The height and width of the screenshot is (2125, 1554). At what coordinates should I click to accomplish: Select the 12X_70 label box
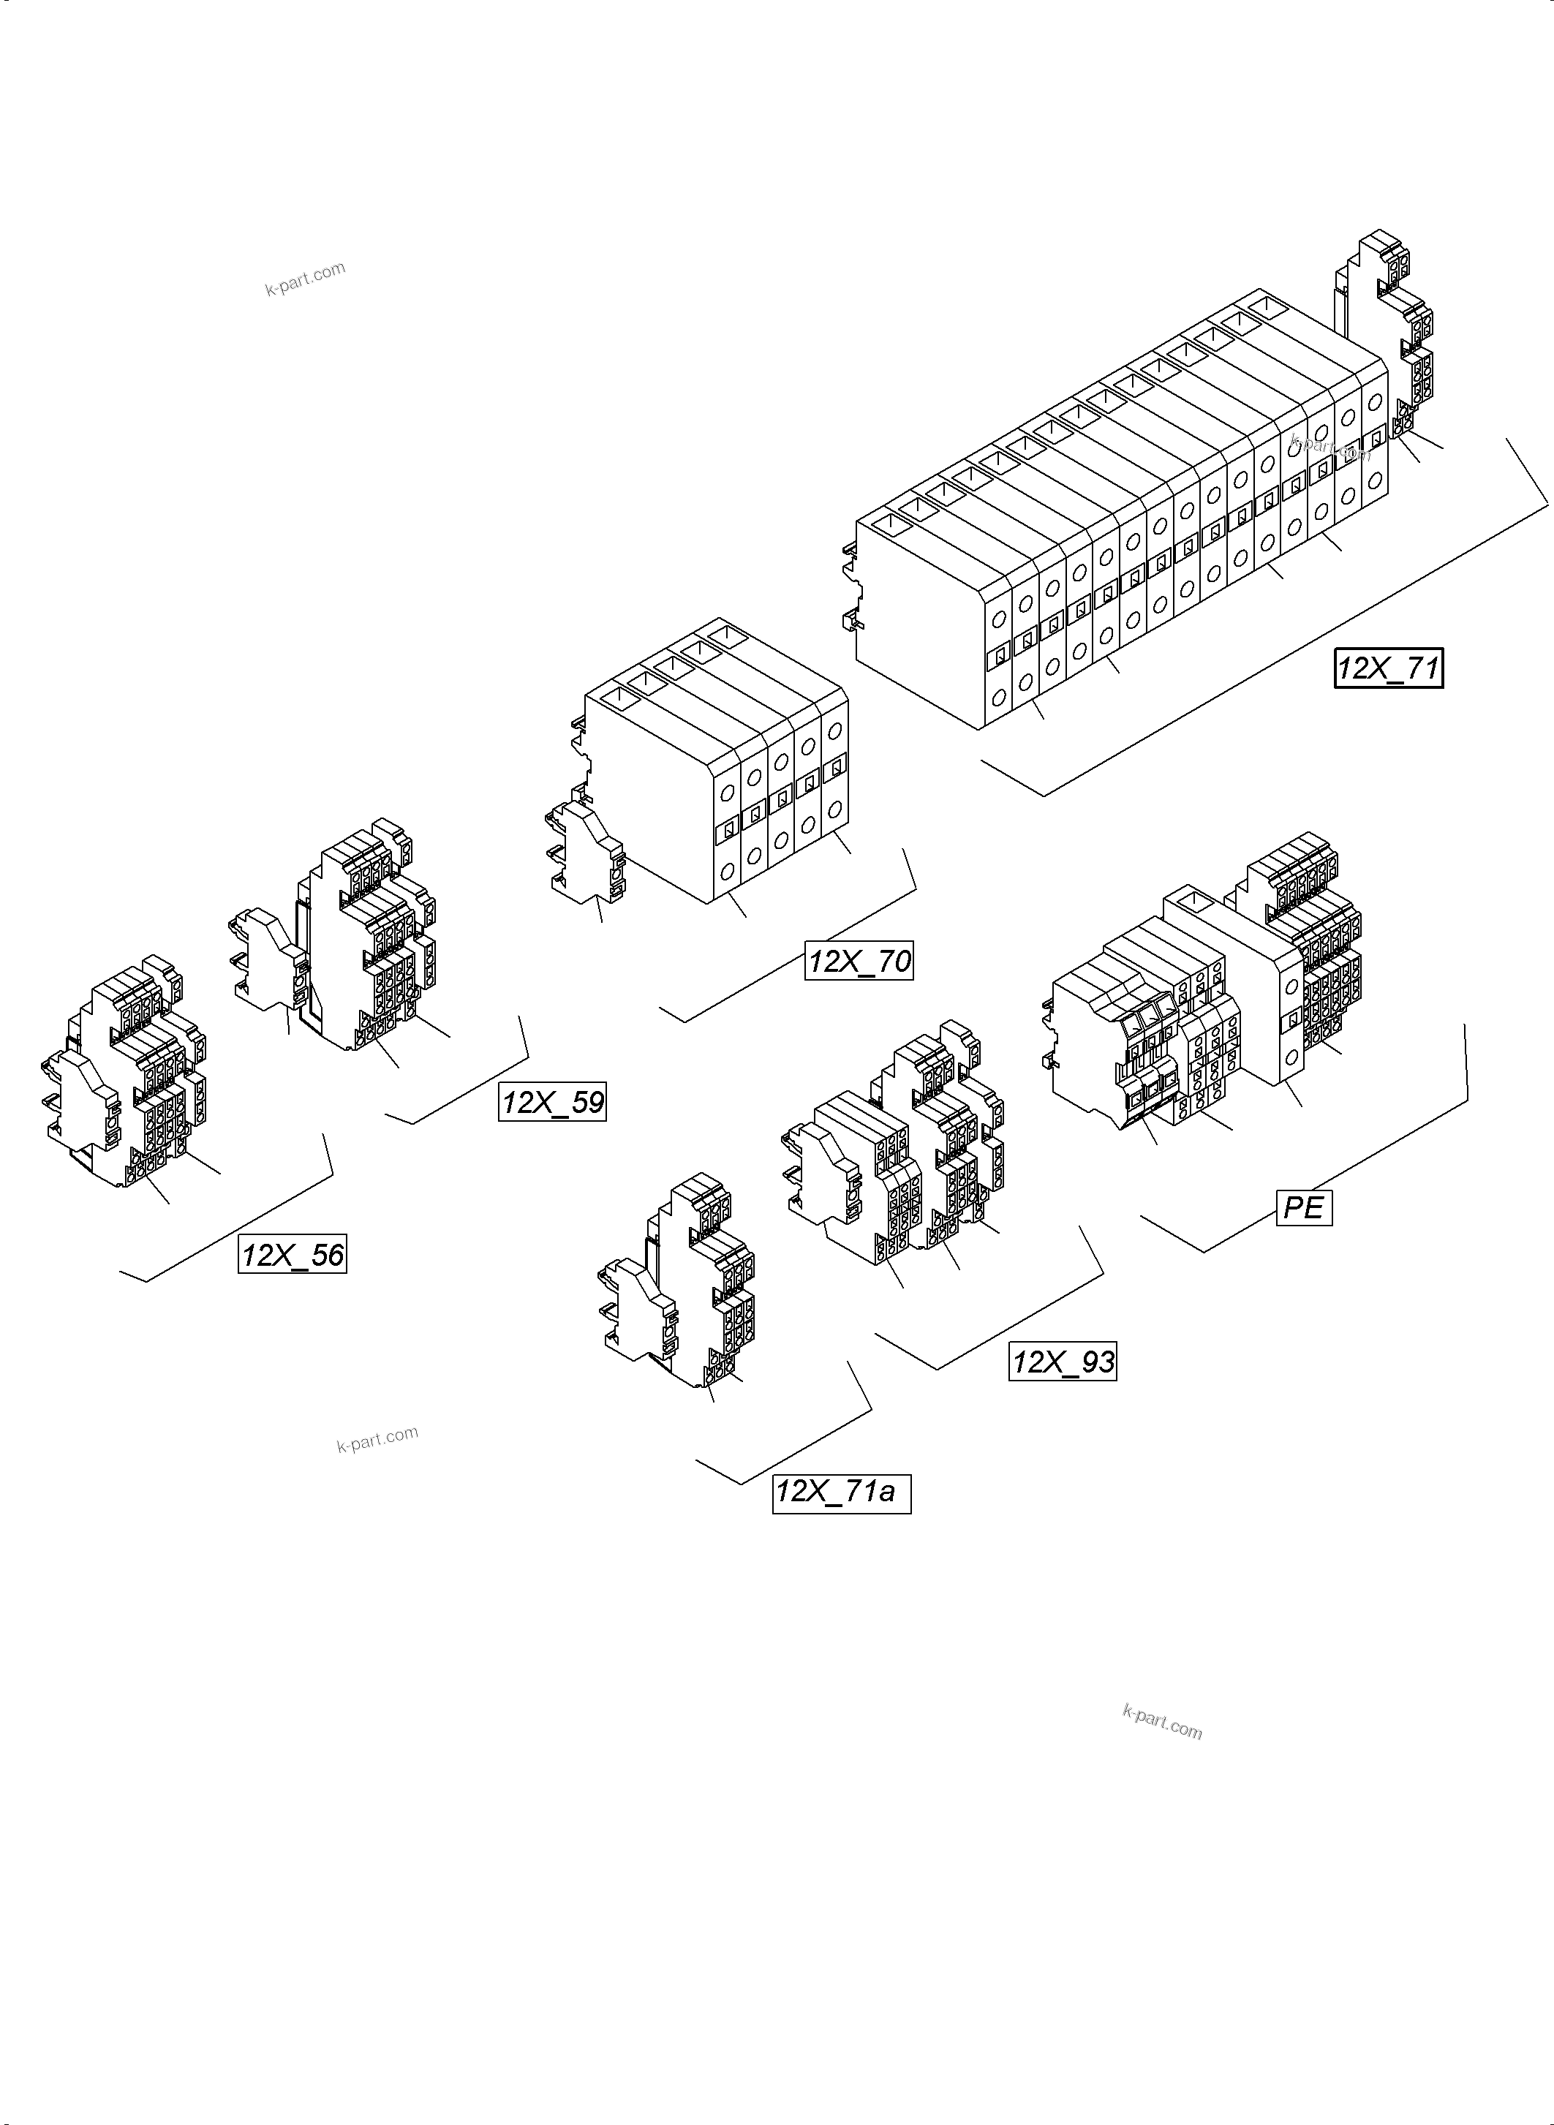coord(859,960)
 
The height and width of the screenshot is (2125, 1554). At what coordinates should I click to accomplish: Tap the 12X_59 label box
coord(552,1101)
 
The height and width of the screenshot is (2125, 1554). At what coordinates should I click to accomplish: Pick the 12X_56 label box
coord(293,1255)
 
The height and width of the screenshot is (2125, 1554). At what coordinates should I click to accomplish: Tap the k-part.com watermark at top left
coord(305,279)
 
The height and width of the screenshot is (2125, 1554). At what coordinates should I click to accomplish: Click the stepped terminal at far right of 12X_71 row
coord(1387,329)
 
